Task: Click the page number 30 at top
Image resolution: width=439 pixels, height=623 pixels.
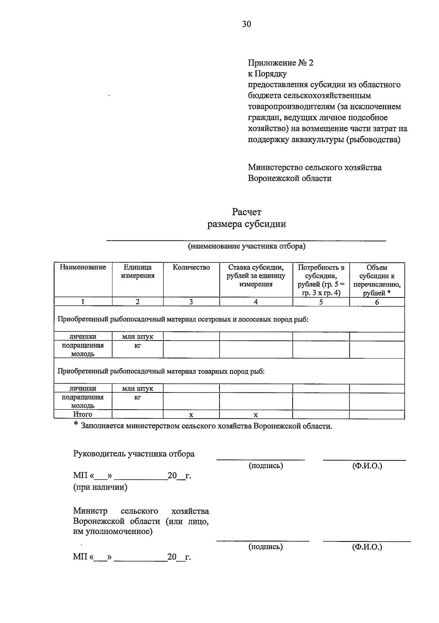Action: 247,24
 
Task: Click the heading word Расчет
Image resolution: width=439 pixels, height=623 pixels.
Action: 247,212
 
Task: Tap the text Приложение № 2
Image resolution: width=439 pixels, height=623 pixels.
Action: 281,63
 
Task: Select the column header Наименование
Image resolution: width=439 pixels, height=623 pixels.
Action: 83,267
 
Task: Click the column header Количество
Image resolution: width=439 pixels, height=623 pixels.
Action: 191,267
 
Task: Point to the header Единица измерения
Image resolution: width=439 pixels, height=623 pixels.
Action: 138,271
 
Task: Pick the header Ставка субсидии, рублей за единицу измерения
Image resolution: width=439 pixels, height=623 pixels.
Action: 256,276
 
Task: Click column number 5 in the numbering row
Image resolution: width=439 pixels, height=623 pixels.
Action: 321,302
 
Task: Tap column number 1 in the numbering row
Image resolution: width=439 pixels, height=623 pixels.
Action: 83,302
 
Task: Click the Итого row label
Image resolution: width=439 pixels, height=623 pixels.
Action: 83,414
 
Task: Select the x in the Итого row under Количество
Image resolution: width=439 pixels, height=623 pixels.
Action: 191,415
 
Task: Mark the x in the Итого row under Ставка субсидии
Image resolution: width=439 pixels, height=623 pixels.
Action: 256,415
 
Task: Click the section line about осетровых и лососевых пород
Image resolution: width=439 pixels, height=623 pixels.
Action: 183,320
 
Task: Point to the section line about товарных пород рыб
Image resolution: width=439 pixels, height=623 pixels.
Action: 161,372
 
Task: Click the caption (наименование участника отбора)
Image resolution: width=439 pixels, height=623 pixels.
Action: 247,246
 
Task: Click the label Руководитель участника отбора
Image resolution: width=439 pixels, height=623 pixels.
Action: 134,454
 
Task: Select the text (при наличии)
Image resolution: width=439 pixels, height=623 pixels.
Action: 100,487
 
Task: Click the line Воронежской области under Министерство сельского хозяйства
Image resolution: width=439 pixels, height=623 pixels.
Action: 290,178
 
